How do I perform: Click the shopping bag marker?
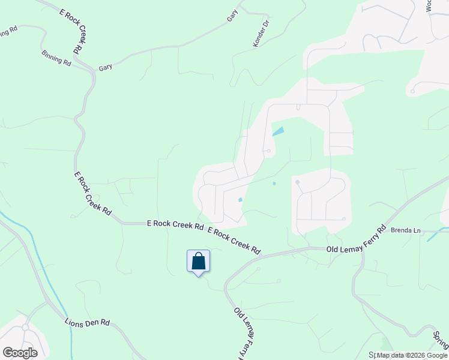pyautogui.click(x=199, y=262)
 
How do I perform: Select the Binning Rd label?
pyautogui.click(x=56, y=58)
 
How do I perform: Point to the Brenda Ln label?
pyautogui.click(x=403, y=230)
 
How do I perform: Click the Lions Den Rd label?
pyautogui.click(x=88, y=323)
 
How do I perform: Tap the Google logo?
pyautogui.click(x=20, y=353)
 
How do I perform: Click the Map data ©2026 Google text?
pyautogui.click(x=412, y=356)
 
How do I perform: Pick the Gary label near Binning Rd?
pyautogui.click(x=106, y=67)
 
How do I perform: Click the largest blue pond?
pyautogui.click(x=279, y=131)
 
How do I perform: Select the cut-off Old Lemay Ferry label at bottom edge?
pyautogui.click(x=243, y=333)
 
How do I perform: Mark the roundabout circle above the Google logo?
pyautogui.click(x=25, y=328)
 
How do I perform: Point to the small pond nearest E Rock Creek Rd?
pyautogui.click(x=240, y=200)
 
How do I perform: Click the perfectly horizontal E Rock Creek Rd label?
pyautogui.click(x=175, y=224)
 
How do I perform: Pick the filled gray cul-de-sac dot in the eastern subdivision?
pyautogui.click(x=297, y=182)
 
